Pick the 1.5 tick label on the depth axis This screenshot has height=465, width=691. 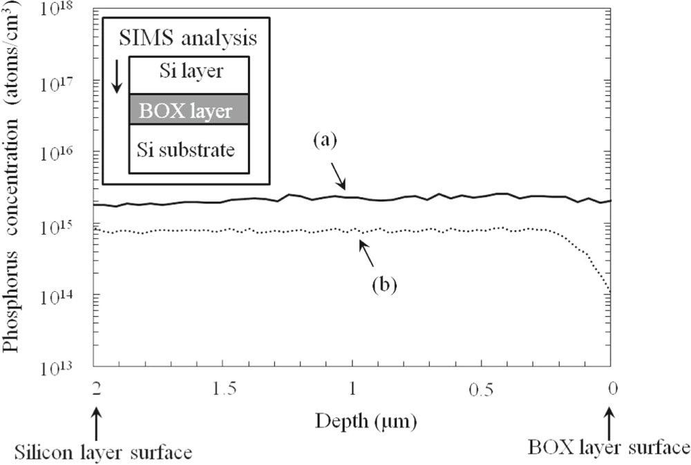coord(223,390)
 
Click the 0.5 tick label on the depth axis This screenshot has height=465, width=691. coord(482,390)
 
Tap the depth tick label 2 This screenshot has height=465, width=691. coord(94,390)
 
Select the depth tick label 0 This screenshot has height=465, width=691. coord(612,390)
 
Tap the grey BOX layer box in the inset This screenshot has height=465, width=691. coord(189,110)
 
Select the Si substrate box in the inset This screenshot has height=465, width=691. coord(189,149)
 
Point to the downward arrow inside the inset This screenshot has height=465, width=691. coord(117,76)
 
